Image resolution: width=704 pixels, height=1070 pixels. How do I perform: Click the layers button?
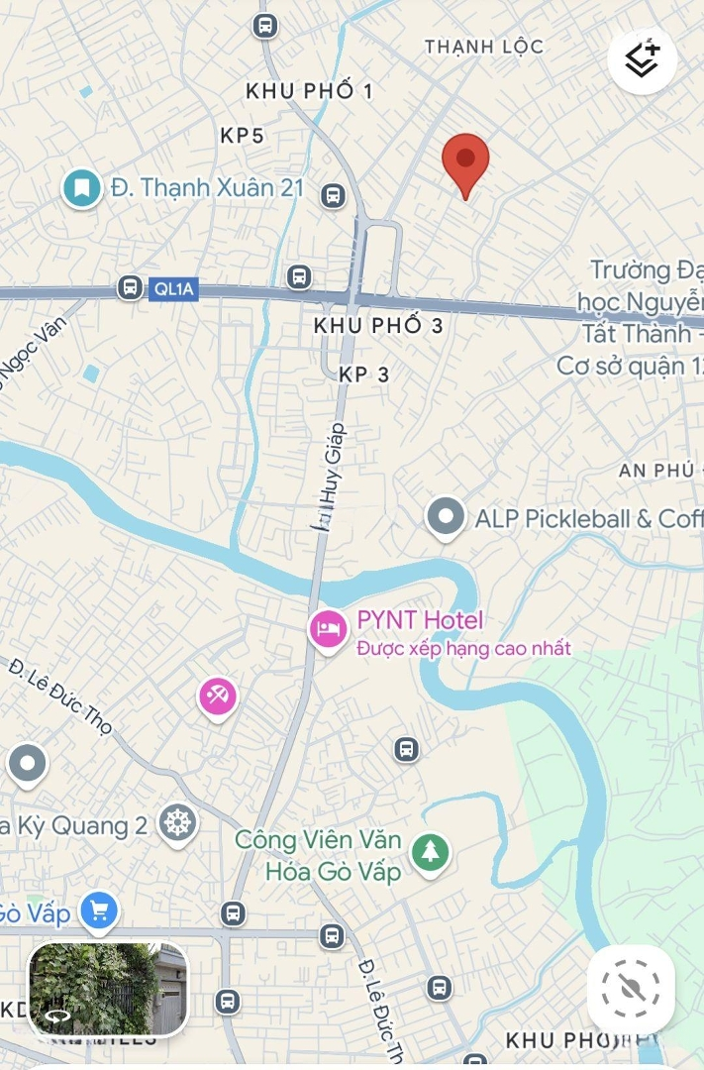tap(643, 60)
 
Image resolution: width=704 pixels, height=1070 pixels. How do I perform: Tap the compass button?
tap(631, 988)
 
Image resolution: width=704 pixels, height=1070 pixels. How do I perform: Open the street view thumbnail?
tap(108, 988)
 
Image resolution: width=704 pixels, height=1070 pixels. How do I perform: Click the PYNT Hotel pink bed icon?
tap(328, 627)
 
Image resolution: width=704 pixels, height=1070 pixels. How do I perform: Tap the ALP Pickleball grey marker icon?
tap(446, 517)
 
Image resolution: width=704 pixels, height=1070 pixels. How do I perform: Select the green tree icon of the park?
tap(430, 852)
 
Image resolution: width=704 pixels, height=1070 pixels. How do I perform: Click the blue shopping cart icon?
tap(98, 909)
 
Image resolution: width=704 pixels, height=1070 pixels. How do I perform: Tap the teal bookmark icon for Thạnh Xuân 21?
tap(82, 187)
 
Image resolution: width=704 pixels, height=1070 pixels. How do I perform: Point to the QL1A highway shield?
tap(174, 289)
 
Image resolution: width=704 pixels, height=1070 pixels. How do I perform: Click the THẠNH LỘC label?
tap(484, 47)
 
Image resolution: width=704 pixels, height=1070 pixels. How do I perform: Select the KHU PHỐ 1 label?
tap(309, 91)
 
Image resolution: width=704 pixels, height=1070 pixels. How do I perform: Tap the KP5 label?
tap(242, 136)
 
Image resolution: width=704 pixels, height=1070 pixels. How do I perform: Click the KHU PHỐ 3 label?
tap(378, 325)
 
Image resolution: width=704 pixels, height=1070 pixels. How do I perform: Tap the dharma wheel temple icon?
tap(177, 822)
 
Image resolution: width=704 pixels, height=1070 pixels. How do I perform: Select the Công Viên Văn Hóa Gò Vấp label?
tap(319, 856)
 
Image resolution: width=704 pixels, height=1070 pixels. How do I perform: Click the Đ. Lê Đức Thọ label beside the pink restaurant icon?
tap(60, 696)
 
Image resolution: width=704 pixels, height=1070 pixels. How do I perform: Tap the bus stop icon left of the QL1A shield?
tap(129, 287)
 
